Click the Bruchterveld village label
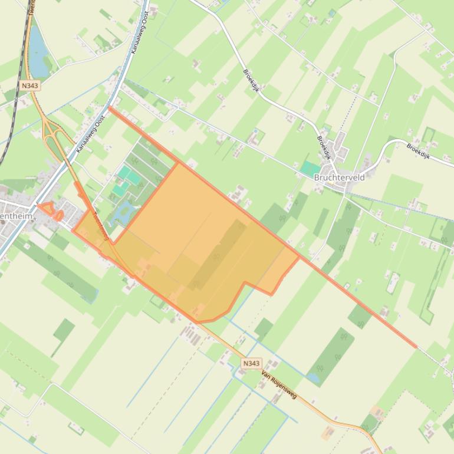[x=339, y=177]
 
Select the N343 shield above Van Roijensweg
[x=251, y=364]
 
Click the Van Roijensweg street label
[x=278, y=385]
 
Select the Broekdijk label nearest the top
[x=251, y=81]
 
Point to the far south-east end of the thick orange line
[x=416, y=347]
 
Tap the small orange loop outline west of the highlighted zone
[x=51, y=210]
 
